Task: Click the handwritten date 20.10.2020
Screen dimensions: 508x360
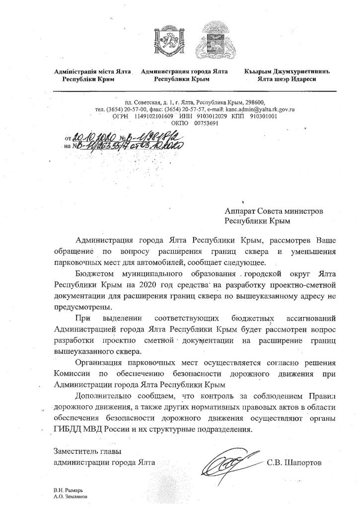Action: pyautogui.click(x=94, y=137)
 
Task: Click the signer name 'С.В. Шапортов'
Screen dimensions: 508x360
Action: pyautogui.click(x=294, y=463)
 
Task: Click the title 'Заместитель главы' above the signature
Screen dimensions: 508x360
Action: pyautogui.click(x=87, y=452)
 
